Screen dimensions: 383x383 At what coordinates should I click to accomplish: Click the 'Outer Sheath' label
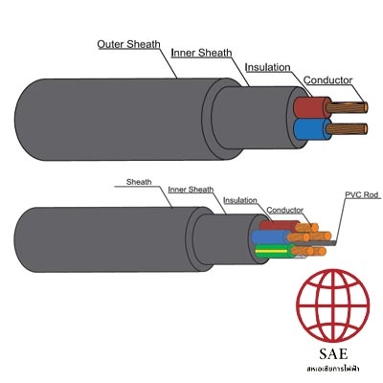(128, 44)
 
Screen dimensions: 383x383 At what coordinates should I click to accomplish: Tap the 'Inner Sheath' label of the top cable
(201, 53)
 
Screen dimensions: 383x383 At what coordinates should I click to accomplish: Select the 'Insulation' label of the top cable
(267, 67)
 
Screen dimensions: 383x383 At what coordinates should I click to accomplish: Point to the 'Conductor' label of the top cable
(327, 80)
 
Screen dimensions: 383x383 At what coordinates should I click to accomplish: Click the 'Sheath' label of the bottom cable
(139, 182)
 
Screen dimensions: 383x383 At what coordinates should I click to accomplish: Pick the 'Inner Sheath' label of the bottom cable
(191, 190)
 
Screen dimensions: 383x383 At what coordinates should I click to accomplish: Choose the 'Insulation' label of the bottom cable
(240, 200)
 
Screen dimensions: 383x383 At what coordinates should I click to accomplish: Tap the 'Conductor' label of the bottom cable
(284, 210)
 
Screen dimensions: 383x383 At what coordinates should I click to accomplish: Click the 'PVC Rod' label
(361, 194)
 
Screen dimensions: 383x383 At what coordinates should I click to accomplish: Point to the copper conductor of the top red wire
(347, 107)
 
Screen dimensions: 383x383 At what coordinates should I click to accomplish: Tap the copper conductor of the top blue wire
(347, 129)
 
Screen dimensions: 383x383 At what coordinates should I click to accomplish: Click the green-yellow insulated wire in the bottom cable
(275, 251)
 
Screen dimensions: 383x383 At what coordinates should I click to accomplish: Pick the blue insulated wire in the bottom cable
(271, 237)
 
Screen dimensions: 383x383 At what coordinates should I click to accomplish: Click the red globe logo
(333, 305)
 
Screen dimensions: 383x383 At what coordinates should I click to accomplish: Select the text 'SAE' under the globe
(333, 353)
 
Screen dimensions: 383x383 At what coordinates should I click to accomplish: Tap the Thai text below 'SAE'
(333, 369)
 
